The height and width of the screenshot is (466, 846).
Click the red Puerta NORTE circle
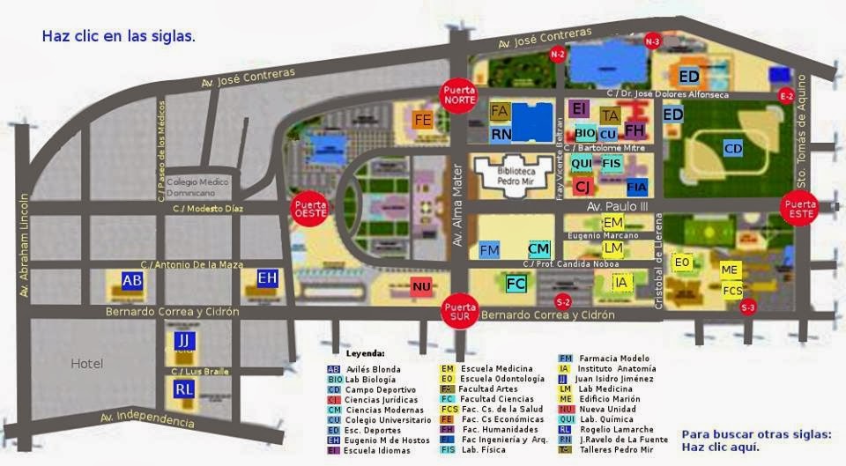[x=460, y=94]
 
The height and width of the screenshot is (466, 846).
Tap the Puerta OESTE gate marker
[x=310, y=209]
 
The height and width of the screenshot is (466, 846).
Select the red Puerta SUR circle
[x=460, y=311]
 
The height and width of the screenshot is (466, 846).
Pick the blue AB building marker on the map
[x=132, y=280]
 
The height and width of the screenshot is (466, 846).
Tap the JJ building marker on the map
[x=183, y=341]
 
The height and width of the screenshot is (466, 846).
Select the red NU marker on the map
[x=422, y=286]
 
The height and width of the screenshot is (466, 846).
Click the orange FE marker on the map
[x=423, y=120]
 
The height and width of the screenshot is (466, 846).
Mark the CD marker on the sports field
[x=733, y=149]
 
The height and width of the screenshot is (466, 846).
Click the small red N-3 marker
[x=652, y=41]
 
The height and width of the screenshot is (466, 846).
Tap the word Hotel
[x=87, y=363]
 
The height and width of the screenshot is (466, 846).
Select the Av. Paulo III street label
[x=617, y=206]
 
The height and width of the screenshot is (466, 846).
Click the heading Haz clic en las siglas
[x=119, y=37]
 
